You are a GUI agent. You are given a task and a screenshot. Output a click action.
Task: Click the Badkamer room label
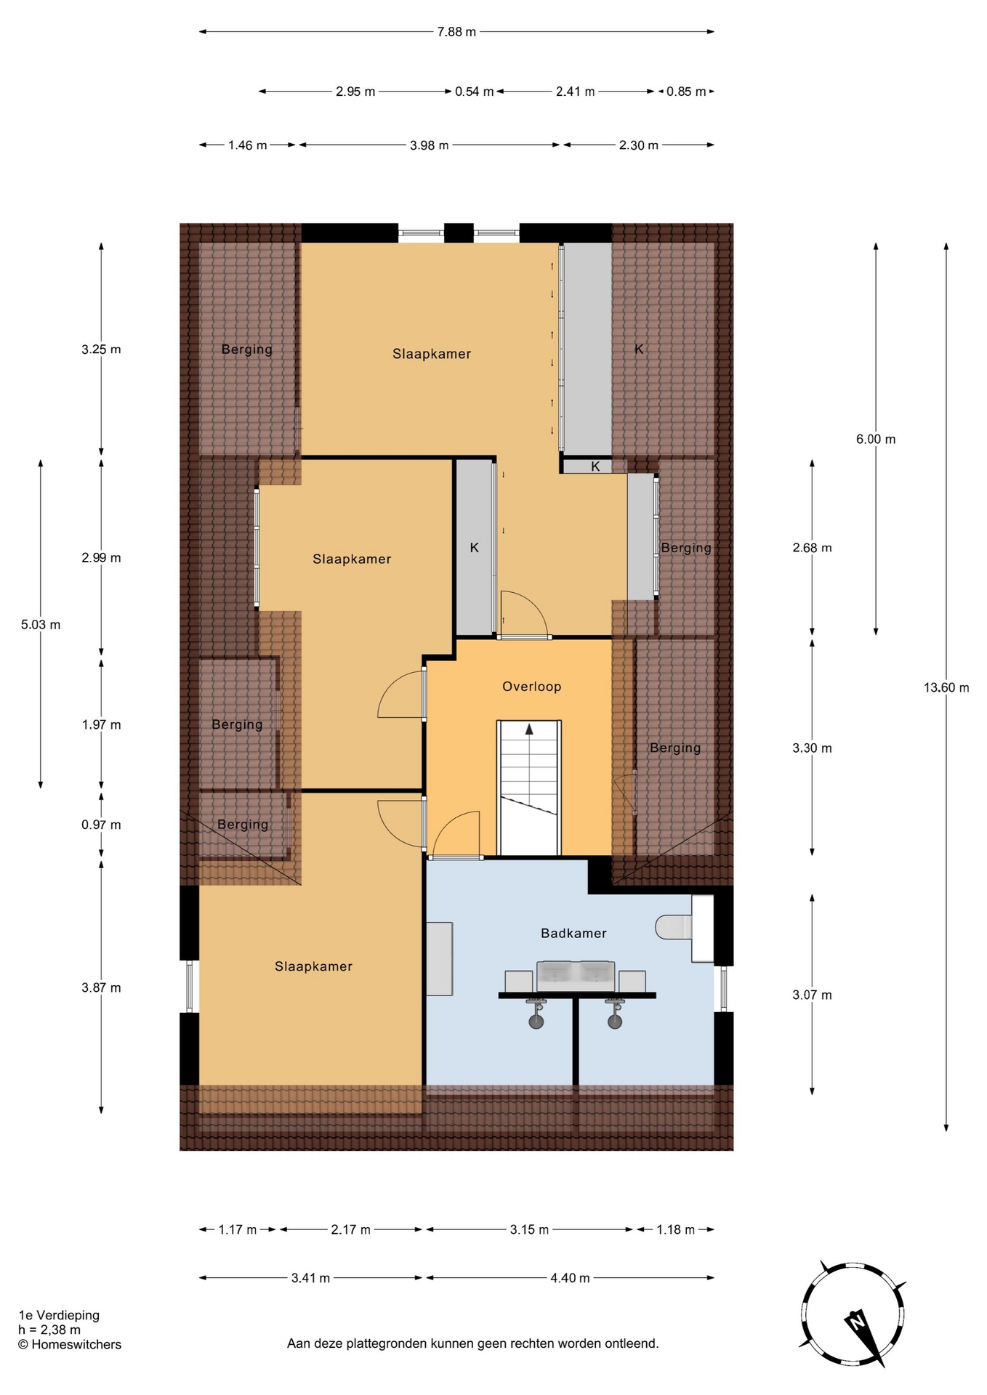[x=573, y=933]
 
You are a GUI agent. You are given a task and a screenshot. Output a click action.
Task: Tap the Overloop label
[x=532, y=687]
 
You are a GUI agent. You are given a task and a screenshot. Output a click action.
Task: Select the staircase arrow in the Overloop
[x=529, y=729]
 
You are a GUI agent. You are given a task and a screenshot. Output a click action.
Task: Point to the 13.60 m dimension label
[x=946, y=687]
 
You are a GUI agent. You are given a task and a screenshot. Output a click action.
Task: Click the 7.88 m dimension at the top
[x=456, y=32]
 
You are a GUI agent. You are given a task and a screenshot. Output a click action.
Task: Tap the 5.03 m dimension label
[x=41, y=625]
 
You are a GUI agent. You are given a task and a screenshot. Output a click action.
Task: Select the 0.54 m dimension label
[x=475, y=92]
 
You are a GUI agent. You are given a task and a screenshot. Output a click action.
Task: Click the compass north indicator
[x=858, y=1319]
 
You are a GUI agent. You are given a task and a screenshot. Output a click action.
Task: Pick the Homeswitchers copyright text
[x=70, y=1344]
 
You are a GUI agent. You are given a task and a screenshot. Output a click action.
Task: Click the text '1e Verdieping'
[x=59, y=1315]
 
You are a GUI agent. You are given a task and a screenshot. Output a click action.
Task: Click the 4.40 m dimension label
[x=570, y=1278]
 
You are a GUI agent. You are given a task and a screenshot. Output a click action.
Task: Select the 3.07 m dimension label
[x=812, y=995]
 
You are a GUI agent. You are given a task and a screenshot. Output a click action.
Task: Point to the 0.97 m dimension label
[x=101, y=825]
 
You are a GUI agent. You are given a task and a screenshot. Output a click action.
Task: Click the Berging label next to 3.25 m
[x=247, y=349]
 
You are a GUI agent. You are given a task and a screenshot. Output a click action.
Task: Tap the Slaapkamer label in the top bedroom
[x=432, y=354]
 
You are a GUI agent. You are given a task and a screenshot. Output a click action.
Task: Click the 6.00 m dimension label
[x=876, y=440]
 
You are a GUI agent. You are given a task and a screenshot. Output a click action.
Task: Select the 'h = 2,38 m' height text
[x=49, y=1330]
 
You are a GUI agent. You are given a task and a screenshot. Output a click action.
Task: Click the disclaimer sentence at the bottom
[x=473, y=1343]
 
